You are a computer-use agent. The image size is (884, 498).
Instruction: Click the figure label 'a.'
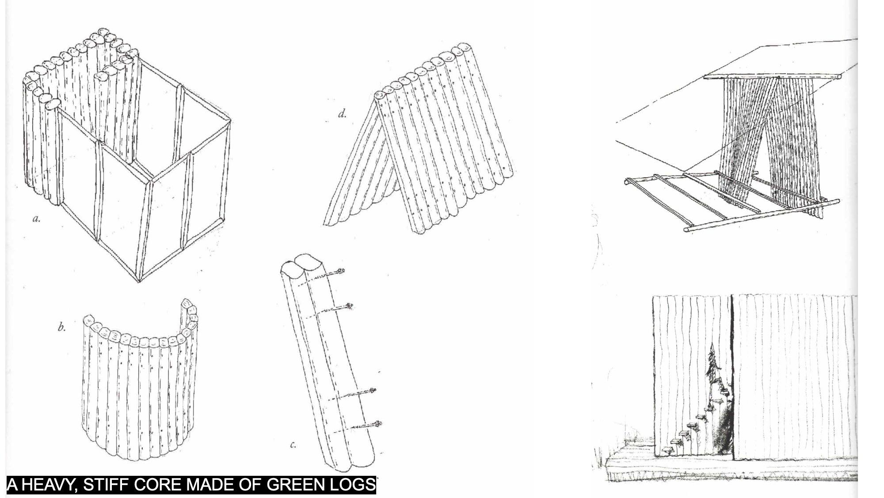coord(37,219)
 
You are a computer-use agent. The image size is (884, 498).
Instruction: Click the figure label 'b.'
coord(62,328)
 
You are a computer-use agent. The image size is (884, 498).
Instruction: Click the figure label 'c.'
coord(293,444)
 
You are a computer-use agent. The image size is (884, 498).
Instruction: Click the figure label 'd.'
coord(342,114)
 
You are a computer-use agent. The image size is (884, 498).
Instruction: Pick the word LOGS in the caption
coord(353,485)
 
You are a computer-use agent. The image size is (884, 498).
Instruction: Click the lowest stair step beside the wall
coord(665,451)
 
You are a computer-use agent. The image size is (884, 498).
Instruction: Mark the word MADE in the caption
coord(208,485)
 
